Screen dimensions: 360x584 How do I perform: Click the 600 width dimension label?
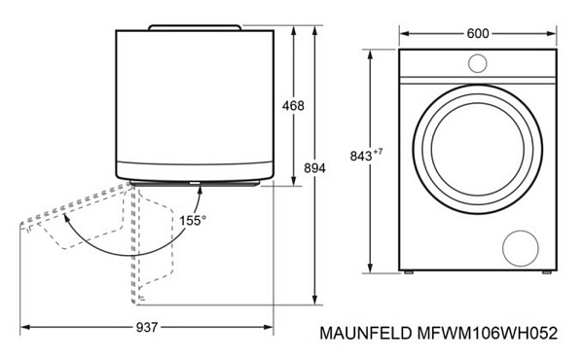[477, 33]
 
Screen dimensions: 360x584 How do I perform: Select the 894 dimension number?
[314, 168]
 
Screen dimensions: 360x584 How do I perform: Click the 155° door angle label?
[192, 221]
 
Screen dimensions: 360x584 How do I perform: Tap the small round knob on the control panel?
[477, 64]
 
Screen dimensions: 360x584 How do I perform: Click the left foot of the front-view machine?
[410, 272]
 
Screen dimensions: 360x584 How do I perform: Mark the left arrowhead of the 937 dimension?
[23, 325]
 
